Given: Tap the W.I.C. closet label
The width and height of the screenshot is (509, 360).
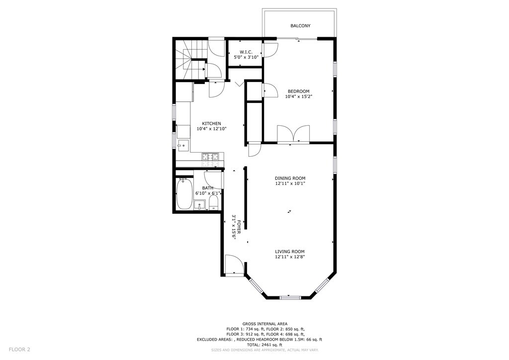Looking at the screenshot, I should coord(246,52).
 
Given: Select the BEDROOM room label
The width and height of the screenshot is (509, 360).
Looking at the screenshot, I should coord(298,91).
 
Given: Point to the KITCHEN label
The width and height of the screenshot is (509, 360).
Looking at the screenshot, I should coord(211,123).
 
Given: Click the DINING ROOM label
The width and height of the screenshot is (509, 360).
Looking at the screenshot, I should coord(290,178).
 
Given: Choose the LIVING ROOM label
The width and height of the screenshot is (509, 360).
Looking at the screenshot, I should coord(290,252).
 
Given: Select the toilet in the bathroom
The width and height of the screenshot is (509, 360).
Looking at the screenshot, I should coord(213,203).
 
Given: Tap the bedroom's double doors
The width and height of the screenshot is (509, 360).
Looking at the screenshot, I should coord(294,134).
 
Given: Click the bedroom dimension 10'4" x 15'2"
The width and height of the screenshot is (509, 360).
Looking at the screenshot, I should coord(298,96).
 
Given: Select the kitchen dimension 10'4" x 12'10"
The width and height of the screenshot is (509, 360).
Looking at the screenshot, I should coord(212,129).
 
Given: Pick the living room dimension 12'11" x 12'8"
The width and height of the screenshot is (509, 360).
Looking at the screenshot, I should coord(290,257).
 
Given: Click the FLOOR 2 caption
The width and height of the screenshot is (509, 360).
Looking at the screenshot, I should coord(19,350).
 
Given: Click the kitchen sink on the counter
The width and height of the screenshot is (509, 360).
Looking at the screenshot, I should coord(182,146).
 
